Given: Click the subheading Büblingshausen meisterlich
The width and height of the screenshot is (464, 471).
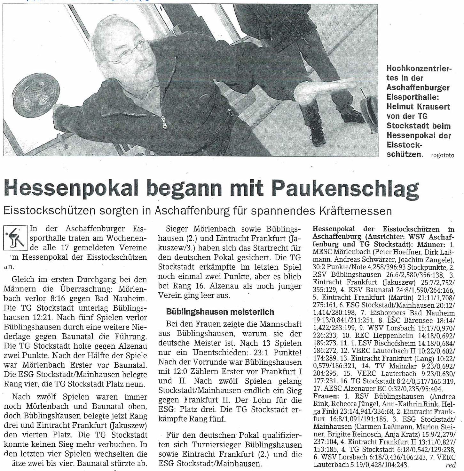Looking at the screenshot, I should pyautogui.click(x=220, y=311).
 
